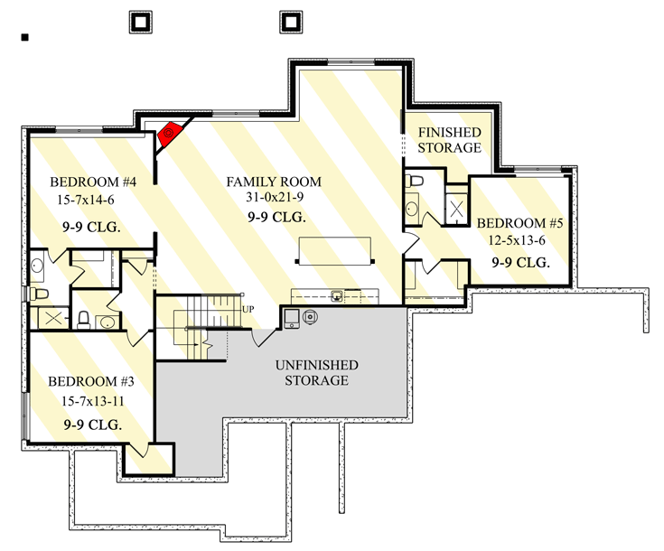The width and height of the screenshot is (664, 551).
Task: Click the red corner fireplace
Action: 169,135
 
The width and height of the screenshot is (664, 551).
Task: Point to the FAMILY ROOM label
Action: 274,182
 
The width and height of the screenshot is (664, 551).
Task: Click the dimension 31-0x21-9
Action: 275,199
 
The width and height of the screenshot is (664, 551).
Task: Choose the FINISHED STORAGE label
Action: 448,140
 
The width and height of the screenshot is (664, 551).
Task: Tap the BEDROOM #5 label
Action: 520,223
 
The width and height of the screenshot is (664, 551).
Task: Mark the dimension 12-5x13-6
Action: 520,241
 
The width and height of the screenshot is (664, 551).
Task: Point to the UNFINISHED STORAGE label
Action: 317,372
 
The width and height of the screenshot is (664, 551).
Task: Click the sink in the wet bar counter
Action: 336,294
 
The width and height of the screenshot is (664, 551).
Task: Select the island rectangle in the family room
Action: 336,249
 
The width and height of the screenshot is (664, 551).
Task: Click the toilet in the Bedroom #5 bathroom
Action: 415,182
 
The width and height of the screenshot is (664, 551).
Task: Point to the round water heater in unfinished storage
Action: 310,316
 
